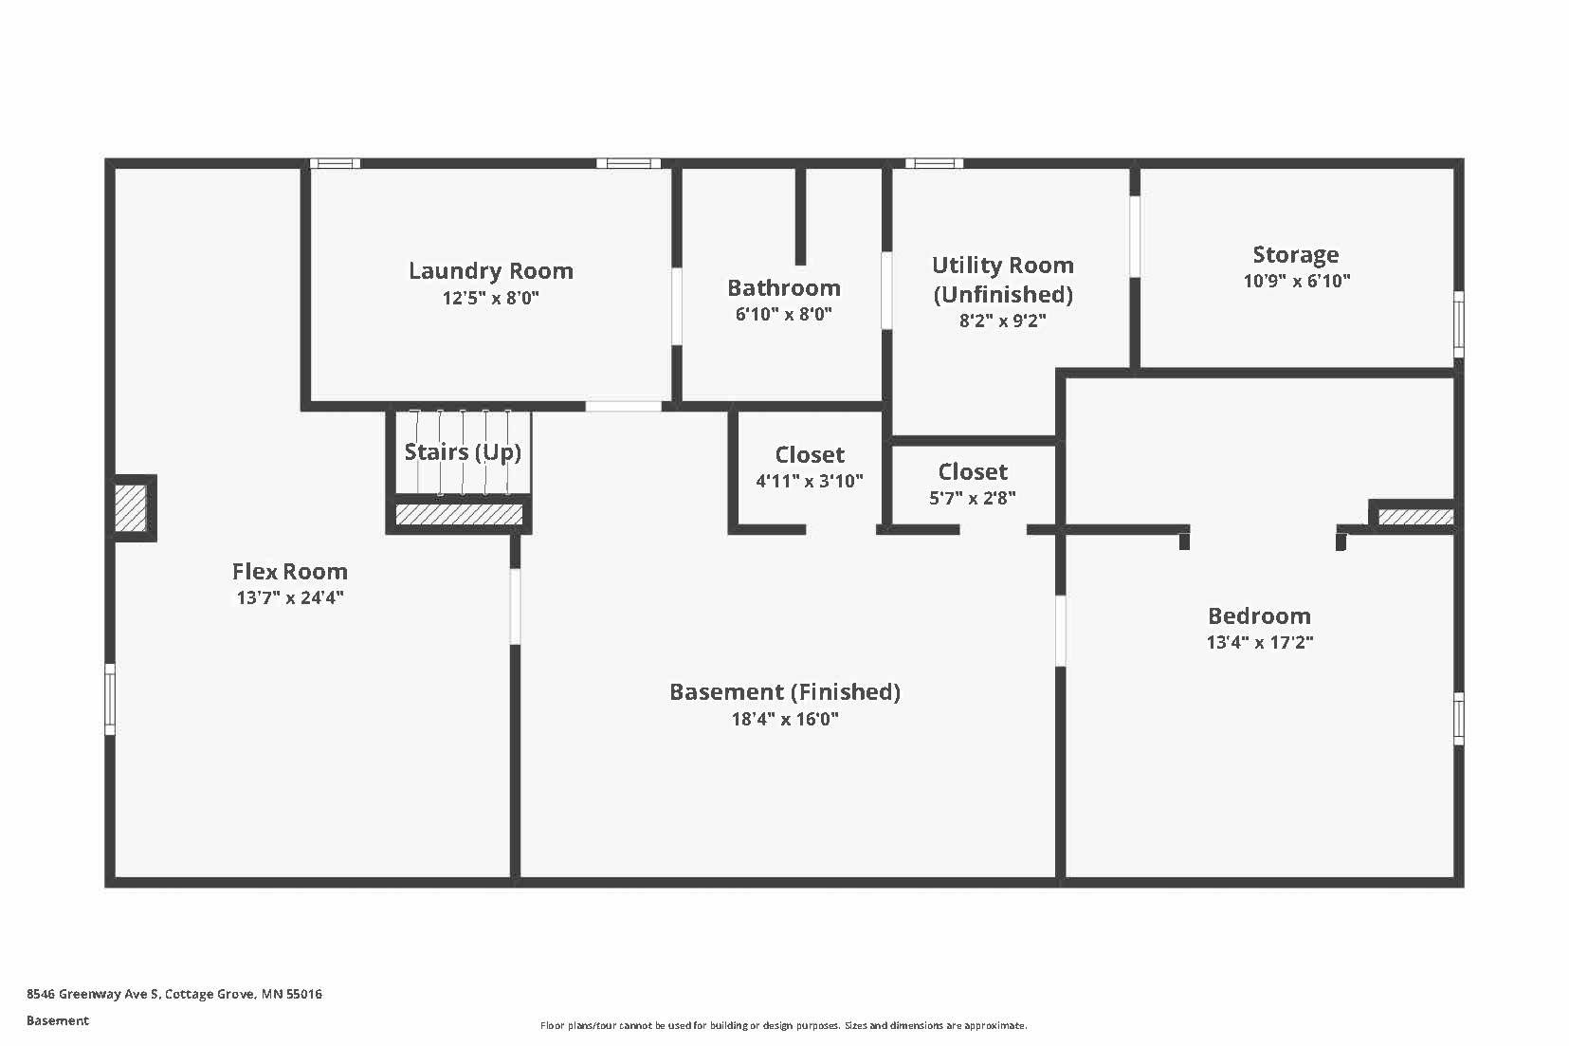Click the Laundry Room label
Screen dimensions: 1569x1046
490,271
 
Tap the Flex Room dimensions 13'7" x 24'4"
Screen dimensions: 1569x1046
290,597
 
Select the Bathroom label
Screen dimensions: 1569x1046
783,287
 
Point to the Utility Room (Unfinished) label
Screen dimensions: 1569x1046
1002,279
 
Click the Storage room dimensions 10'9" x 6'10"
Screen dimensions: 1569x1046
1296,281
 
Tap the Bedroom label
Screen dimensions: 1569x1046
1259,615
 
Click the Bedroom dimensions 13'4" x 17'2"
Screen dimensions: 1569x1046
1259,642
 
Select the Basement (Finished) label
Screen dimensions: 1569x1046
784,691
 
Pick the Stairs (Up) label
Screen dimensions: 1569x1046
463,451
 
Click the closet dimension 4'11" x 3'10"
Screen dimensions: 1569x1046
809,481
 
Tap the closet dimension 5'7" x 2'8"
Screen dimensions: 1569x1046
973,498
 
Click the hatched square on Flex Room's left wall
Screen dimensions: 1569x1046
131,508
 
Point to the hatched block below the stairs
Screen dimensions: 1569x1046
459,514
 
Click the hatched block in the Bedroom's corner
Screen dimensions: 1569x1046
1414,517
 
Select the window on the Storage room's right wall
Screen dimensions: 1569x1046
1458,324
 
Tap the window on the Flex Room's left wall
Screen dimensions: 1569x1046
110,699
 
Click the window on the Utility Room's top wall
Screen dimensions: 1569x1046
933,163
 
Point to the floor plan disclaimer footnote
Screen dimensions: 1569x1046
783,1025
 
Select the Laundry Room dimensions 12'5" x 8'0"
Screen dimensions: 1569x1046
490,298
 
